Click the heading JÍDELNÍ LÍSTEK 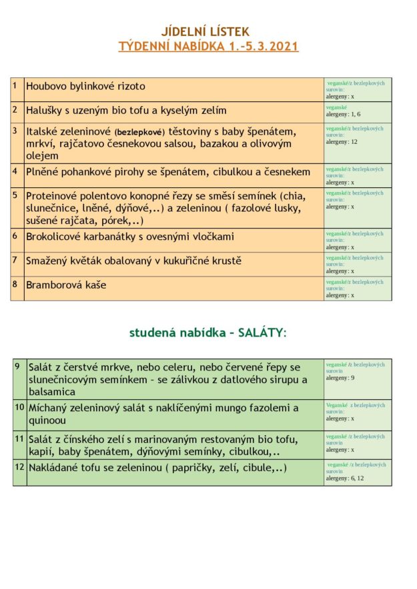(x=205, y=31)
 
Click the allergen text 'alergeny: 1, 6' (x=343, y=114)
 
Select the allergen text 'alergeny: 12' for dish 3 (x=342, y=141)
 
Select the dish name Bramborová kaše (x=66, y=285)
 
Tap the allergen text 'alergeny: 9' (x=340, y=378)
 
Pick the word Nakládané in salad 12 (x=55, y=468)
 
